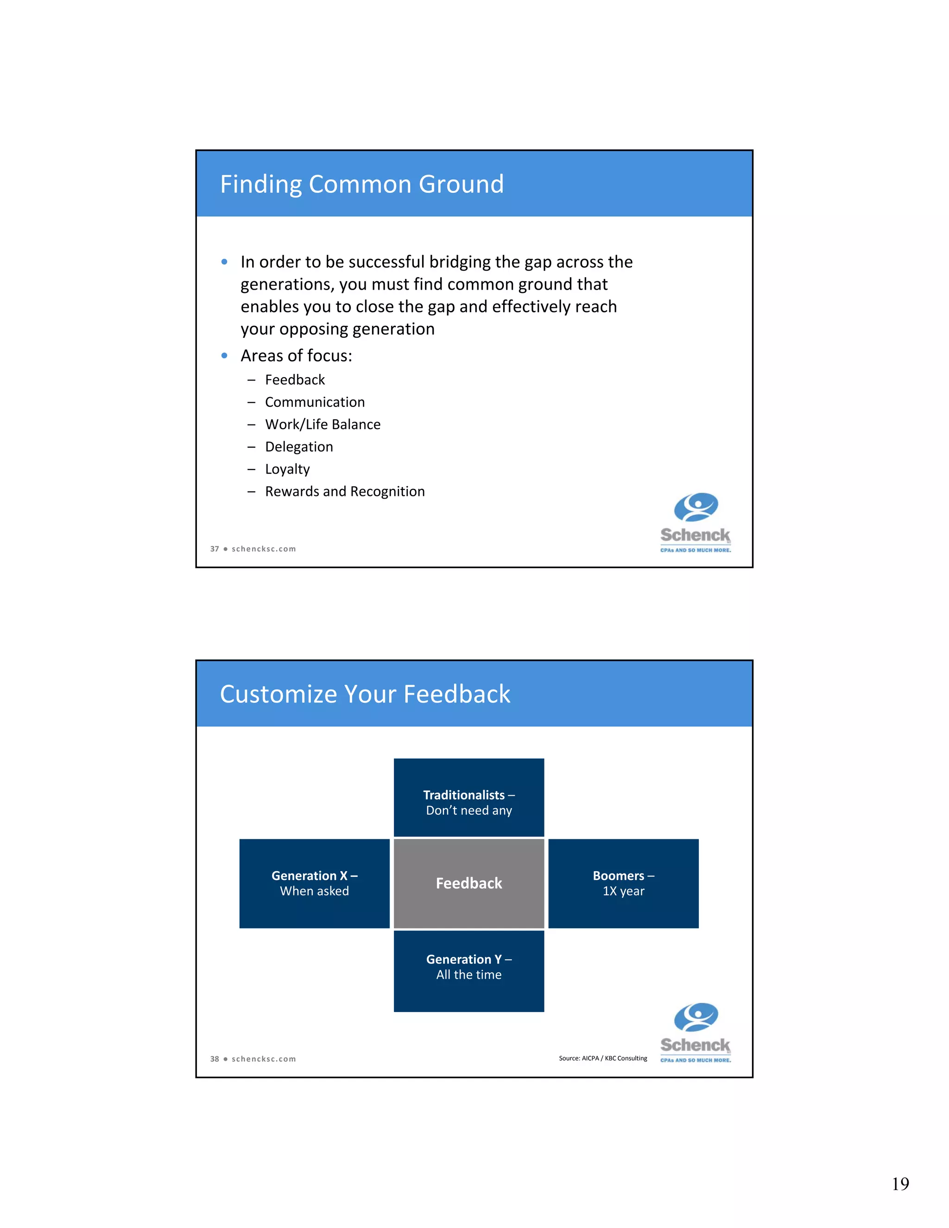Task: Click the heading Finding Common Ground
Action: pyautogui.click(x=361, y=184)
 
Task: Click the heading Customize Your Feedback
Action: pyautogui.click(x=365, y=695)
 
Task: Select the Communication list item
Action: pyautogui.click(x=315, y=403)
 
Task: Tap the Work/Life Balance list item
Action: pyautogui.click(x=323, y=424)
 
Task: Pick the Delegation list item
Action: pyautogui.click(x=299, y=447)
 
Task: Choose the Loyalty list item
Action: pyautogui.click(x=287, y=469)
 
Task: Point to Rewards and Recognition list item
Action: pyautogui.click(x=345, y=492)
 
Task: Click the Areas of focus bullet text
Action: pyautogui.click(x=296, y=356)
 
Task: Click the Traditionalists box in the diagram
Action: pyautogui.click(x=469, y=798)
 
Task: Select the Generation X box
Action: pyautogui.click(x=314, y=883)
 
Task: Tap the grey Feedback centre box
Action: pyautogui.click(x=469, y=883)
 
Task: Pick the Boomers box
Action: pyautogui.click(x=624, y=883)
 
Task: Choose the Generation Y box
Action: pyautogui.click(x=469, y=970)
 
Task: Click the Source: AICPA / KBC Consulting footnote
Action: pyautogui.click(x=603, y=1058)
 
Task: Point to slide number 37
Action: pyautogui.click(x=214, y=549)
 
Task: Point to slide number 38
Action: pyautogui.click(x=214, y=1059)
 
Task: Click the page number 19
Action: pyautogui.click(x=900, y=1184)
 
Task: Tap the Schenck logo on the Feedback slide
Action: pyautogui.click(x=696, y=1033)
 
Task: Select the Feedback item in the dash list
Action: pyautogui.click(x=295, y=380)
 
